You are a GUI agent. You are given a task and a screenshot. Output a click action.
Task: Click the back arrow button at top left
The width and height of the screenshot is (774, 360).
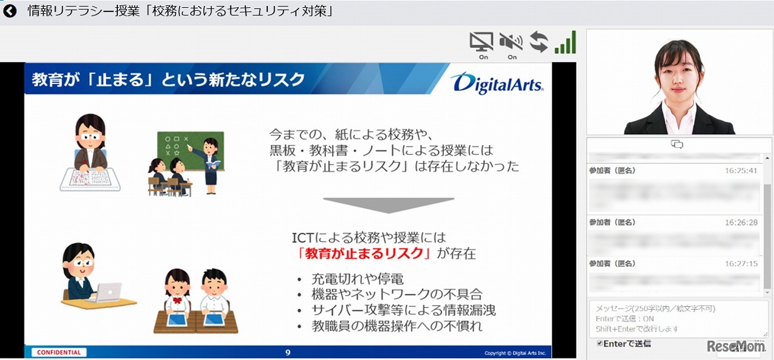10,11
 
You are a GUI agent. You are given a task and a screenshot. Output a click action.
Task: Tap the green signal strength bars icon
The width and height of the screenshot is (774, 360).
565,43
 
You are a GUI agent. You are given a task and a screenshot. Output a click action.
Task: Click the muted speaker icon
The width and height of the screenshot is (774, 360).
511,42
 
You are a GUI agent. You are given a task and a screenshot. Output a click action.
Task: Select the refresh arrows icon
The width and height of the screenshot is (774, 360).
538,42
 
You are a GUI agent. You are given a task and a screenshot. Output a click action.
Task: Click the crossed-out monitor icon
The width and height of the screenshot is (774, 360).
482,42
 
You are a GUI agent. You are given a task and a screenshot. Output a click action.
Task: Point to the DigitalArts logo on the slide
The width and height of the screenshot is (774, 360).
496,83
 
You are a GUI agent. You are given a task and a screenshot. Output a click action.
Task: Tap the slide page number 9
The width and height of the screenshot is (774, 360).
288,352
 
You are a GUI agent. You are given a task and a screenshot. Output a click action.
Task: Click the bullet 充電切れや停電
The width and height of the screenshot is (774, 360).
357,279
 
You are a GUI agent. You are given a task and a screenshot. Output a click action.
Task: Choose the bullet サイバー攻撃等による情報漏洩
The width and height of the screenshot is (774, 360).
403,310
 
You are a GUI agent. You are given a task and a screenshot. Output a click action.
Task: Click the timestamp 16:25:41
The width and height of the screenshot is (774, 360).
741,171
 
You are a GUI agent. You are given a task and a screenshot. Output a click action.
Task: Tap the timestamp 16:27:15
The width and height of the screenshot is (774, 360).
741,264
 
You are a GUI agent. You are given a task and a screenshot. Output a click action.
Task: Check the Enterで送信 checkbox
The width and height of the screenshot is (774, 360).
599,344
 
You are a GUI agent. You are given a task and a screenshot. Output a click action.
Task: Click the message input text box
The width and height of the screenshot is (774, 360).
677,318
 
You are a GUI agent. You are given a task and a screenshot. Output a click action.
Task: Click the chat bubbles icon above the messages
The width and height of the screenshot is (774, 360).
677,144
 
